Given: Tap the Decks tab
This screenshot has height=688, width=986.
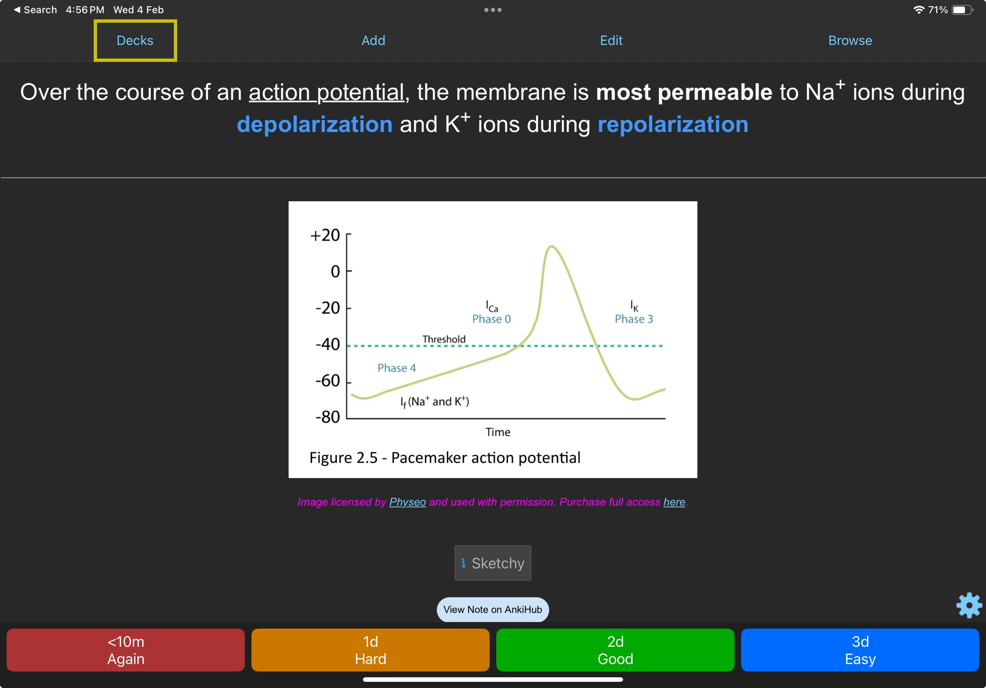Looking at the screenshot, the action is click(x=135, y=40).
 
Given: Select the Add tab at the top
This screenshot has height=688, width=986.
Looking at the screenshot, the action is click(x=373, y=40).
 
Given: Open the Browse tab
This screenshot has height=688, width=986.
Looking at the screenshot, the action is click(x=850, y=40).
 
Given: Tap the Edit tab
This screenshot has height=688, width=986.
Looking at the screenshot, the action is click(x=611, y=40).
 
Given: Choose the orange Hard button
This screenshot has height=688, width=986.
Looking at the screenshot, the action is click(x=370, y=650).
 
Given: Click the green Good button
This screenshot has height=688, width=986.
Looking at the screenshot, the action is click(x=615, y=650).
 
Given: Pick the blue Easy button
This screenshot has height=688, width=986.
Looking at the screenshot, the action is click(x=860, y=650).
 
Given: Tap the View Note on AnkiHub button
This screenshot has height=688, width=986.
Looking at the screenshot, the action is click(x=493, y=610).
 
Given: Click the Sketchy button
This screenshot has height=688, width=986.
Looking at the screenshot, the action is click(x=493, y=563).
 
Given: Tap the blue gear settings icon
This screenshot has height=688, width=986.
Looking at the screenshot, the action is click(x=969, y=605).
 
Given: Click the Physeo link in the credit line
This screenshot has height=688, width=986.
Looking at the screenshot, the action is click(x=408, y=502).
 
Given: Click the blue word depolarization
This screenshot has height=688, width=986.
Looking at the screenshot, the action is click(x=315, y=125).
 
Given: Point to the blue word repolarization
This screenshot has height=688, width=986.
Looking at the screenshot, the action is click(x=673, y=125).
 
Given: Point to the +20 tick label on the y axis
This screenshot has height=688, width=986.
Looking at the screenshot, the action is click(x=325, y=235).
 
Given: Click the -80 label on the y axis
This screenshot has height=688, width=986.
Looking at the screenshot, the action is click(x=328, y=417).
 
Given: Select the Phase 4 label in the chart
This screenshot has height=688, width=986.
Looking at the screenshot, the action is click(x=397, y=368).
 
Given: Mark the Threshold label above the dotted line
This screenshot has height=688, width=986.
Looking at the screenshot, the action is click(x=443, y=339).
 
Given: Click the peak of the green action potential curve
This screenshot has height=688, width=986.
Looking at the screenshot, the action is click(x=551, y=246).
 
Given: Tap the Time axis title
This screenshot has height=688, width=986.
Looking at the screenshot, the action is click(x=498, y=432).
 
